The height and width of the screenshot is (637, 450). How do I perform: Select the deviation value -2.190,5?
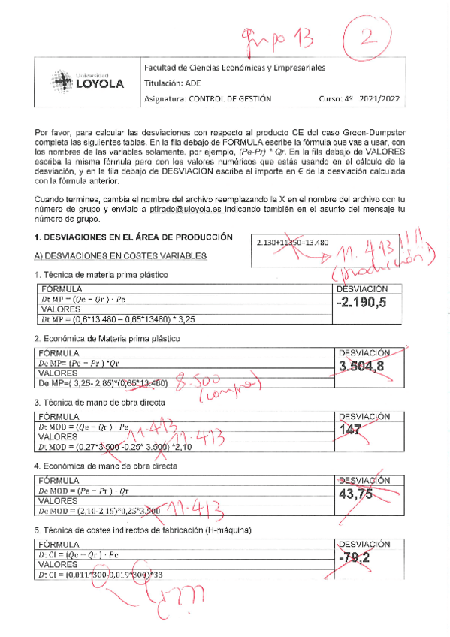coord(364,303)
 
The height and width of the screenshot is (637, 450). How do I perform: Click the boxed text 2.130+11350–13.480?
coord(292,243)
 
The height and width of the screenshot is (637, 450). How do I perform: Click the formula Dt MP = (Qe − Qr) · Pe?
coord(84,299)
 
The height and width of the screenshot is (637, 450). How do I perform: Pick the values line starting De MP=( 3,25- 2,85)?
coord(113,383)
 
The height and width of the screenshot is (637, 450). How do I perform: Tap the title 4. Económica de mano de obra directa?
coord(106,466)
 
